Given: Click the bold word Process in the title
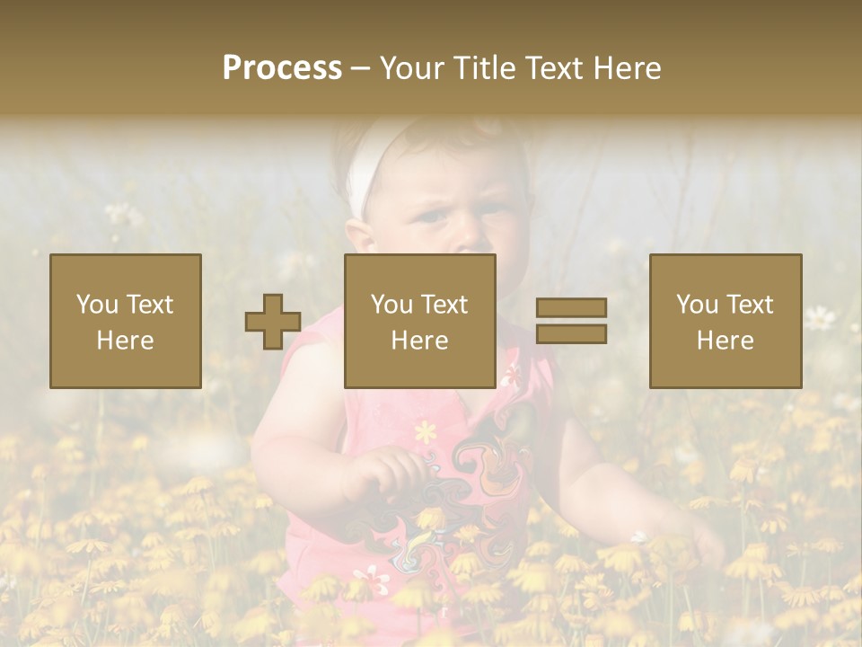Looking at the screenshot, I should click(x=282, y=68).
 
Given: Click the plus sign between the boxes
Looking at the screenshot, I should click(x=273, y=322).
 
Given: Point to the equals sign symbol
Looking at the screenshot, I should click(x=571, y=321).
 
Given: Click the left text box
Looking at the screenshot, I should click(x=126, y=321).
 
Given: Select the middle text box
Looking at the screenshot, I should click(x=419, y=321).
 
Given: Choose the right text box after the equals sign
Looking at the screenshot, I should click(x=725, y=321).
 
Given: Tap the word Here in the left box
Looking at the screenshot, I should click(x=125, y=340).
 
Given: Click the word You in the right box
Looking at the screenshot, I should click(x=697, y=305).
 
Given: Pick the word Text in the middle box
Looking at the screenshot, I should click(x=444, y=305).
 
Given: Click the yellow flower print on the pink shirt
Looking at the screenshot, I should click(x=426, y=432).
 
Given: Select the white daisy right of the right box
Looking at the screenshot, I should click(x=818, y=316).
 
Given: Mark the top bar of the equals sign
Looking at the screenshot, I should click(x=571, y=308).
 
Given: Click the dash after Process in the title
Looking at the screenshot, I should click(x=361, y=68).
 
